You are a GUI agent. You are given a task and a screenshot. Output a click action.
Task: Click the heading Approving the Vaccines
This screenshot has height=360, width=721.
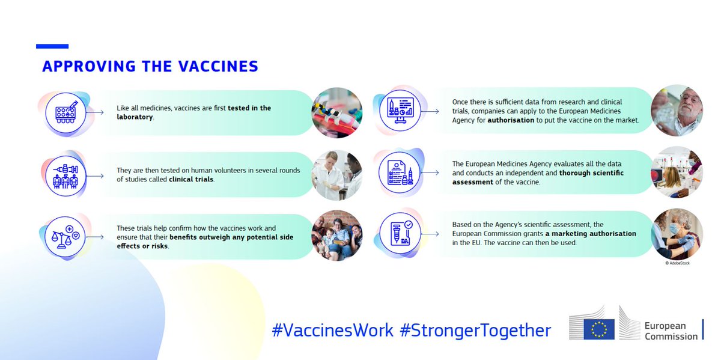click(150, 66)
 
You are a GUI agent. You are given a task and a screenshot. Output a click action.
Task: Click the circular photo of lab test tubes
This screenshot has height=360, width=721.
click(336, 113)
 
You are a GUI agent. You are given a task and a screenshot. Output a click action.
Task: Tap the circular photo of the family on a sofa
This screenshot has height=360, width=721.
click(336, 236)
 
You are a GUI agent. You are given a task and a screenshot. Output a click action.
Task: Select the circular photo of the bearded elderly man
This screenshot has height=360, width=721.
click(677, 111)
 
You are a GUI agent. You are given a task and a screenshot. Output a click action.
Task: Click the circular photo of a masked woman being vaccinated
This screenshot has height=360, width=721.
click(677, 234)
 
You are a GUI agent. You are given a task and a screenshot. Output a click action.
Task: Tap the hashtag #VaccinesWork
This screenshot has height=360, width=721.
click(333, 330)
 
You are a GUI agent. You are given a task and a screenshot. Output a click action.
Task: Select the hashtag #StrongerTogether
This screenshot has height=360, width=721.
click(475, 330)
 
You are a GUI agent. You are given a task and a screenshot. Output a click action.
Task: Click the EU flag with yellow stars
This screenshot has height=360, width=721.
click(599, 329)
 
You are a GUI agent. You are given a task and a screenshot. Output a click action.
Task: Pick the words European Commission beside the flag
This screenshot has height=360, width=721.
click(671, 331)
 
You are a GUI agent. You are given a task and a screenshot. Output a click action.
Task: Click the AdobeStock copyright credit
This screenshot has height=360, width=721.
click(677, 263)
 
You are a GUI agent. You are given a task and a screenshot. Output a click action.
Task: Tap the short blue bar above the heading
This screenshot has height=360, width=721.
click(52, 46)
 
